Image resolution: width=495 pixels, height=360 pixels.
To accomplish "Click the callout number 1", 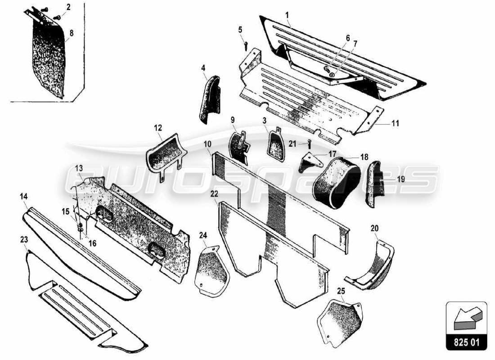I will coord(287,14).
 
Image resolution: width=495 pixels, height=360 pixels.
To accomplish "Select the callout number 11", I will coord(395,122).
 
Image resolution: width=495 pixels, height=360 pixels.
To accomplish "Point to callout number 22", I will coord(214,193).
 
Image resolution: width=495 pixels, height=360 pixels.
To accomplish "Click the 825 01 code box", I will coord(467,342).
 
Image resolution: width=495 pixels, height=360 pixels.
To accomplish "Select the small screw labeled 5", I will coord(246,45).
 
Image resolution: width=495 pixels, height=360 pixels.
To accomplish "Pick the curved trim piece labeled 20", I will coord(371,265).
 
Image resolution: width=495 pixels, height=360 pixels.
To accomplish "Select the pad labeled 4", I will coord(210,100).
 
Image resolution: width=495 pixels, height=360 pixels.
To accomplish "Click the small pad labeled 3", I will coord(275,145).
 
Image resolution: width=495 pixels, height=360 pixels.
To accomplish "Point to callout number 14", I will coord(24,196).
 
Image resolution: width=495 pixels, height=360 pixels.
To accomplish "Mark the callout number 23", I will coord(24,240).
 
